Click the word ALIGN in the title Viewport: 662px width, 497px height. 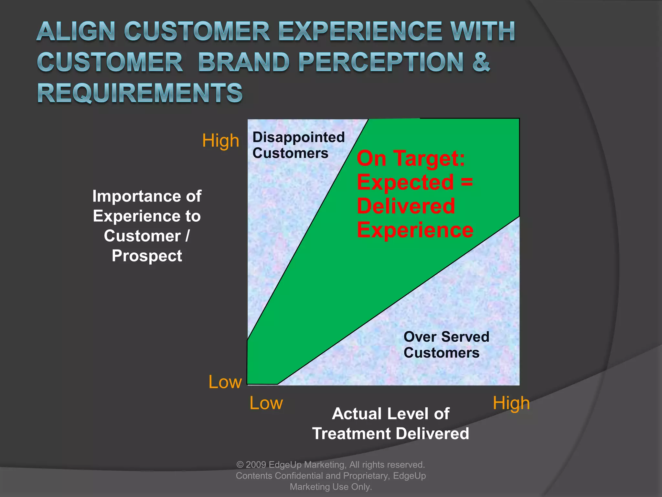pyautogui.click(x=76, y=31)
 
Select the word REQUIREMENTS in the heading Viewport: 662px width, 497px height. pyautogui.click(x=140, y=93)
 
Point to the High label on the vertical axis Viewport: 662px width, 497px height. pyautogui.click(x=220, y=141)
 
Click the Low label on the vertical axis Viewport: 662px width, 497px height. pyautogui.click(x=225, y=382)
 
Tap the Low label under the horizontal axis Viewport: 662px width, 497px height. pyautogui.click(x=266, y=403)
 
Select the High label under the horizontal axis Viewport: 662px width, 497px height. pyautogui.click(x=511, y=403)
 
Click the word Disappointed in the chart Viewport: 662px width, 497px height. pyautogui.click(x=298, y=137)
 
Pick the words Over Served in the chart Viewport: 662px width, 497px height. pyautogui.click(x=446, y=337)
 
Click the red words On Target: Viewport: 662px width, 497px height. pyautogui.click(x=411, y=159)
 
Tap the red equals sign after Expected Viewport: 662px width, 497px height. pyautogui.click(x=467, y=182)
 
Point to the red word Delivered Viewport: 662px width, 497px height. pyautogui.click(x=406, y=206)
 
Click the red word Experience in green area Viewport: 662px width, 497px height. pyautogui.click(x=415, y=230)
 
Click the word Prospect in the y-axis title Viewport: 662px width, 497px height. pyautogui.click(x=147, y=256)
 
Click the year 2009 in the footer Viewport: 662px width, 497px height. pyautogui.click(x=256, y=465)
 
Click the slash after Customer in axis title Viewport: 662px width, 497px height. pyautogui.click(x=187, y=236)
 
